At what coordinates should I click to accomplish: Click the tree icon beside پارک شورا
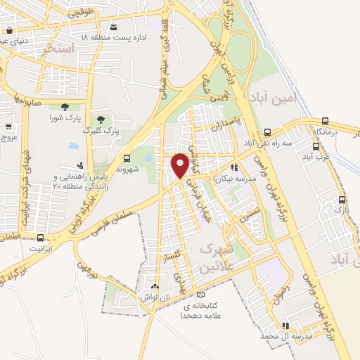(65, 107)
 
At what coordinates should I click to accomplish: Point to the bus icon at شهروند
(127, 158)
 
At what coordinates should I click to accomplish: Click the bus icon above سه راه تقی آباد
(267, 132)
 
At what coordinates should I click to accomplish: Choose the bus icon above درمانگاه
(325, 121)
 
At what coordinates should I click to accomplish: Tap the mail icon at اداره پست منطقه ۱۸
(112, 26)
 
